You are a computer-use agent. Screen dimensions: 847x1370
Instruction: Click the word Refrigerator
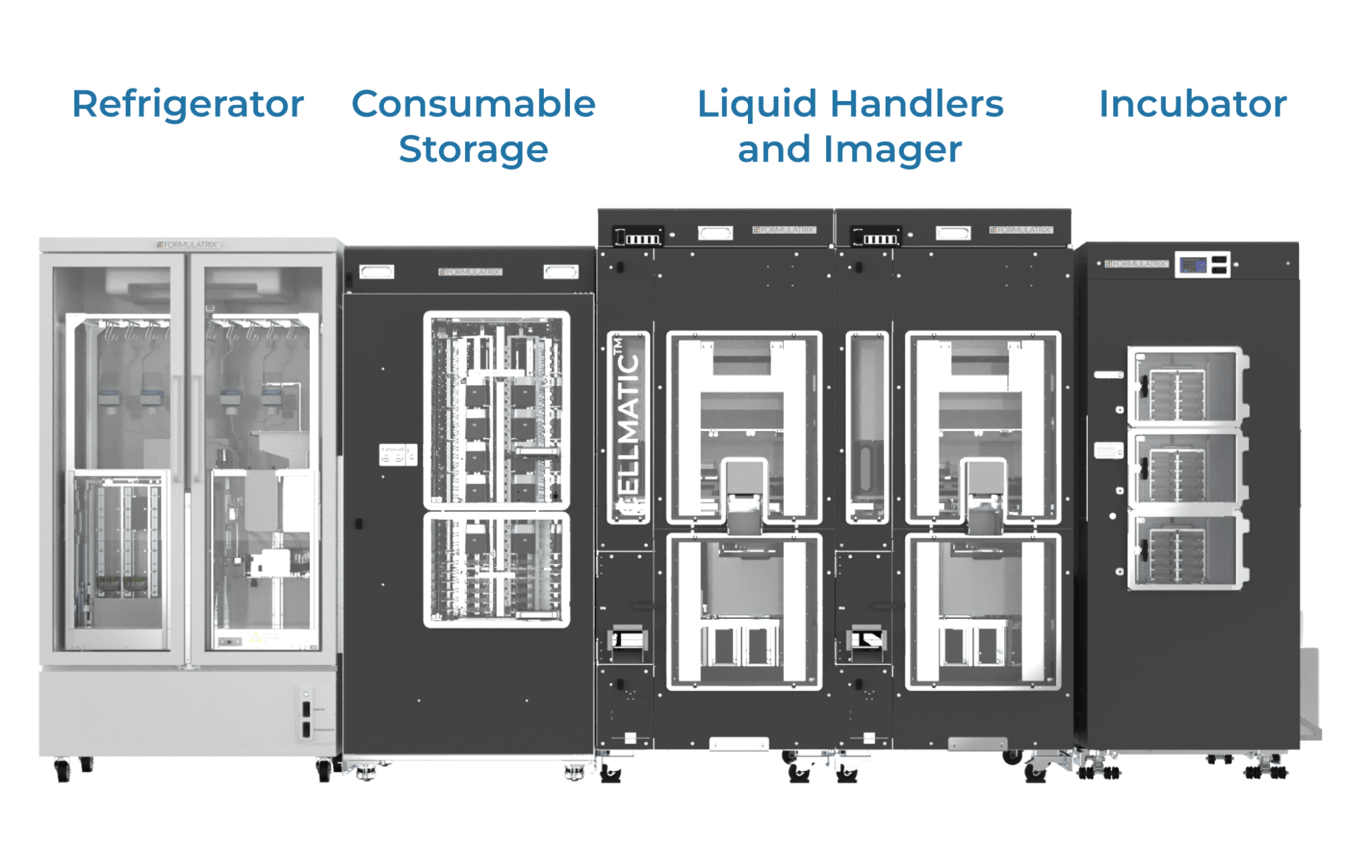pos(188,105)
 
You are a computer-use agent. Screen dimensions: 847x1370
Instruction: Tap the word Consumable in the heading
pos(473,105)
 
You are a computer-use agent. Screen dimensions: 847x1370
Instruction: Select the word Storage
pos(473,149)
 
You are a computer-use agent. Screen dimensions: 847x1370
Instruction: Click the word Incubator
pos(1193,105)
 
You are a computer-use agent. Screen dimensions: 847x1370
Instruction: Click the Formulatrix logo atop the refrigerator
pos(188,245)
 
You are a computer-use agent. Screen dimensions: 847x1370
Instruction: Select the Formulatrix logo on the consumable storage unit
pos(470,272)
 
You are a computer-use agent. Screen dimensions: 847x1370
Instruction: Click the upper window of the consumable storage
pos(496,410)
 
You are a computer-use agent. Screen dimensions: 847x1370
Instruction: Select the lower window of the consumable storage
pos(496,570)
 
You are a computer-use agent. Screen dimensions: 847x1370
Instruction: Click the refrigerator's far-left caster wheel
pos(63,770)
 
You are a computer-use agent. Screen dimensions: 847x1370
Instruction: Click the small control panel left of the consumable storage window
pos(398,455)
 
